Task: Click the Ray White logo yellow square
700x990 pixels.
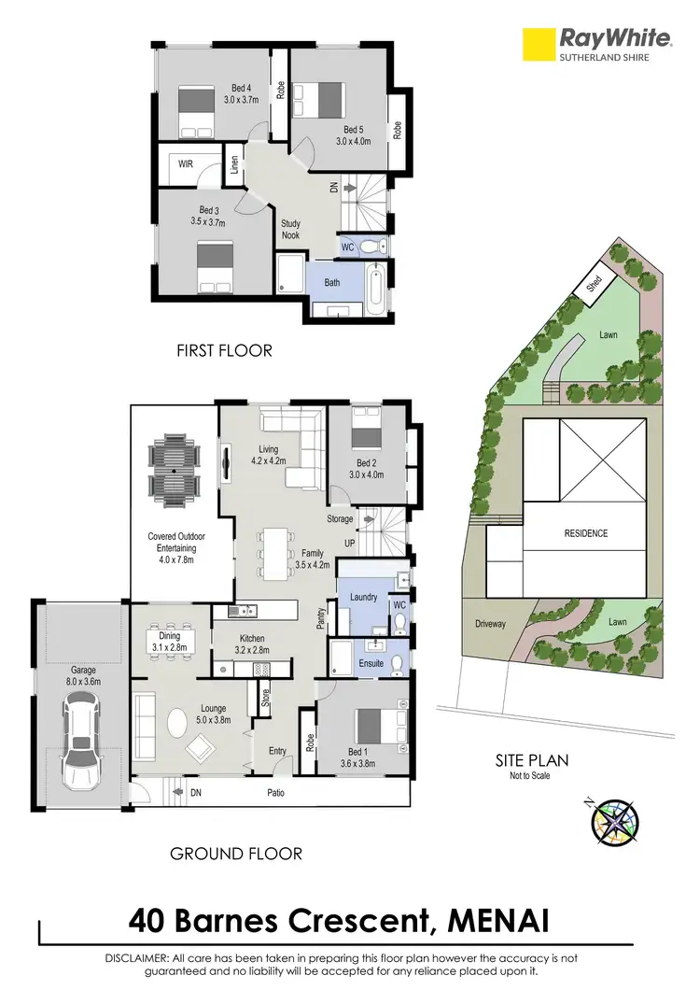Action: tap(538, 44)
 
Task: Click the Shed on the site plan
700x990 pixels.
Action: tap(595, 284)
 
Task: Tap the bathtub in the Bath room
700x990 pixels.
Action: tap(375, 291)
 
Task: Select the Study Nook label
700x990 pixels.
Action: tap(291, 230)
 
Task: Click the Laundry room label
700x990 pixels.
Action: tap(362, 597)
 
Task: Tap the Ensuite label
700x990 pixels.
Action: tap(372, 664)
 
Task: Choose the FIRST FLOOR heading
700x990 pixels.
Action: tap(224, 351)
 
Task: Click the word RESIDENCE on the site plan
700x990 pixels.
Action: tap(585, 533)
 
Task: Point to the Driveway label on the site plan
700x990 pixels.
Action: tap(490, 624)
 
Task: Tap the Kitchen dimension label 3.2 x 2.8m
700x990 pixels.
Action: tap(247, 650)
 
